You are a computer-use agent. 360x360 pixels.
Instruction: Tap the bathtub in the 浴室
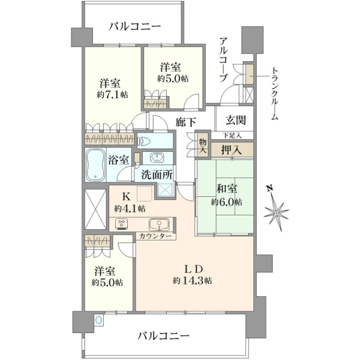pos(96,164)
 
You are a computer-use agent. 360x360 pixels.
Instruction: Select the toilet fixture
pos(144,140)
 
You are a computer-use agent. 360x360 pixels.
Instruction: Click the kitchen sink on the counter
pos(159,224)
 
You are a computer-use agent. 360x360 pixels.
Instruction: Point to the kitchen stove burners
pos(122,224)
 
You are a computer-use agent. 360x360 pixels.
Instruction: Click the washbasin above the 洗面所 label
pos(157,157)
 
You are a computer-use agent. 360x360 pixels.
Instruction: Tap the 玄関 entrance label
pos(236,120)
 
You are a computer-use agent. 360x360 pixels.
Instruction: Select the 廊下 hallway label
pos(186,122)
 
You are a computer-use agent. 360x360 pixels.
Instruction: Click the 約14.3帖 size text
pos(193,281)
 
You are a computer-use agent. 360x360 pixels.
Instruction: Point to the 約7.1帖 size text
pos(112,95)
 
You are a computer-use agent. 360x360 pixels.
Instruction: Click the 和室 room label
pos(227,189)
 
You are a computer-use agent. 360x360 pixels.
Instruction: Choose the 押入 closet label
pos(231,150)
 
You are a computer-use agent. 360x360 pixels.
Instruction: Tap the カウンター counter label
pos(155,236)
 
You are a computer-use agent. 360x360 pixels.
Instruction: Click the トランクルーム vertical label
pos(274,94)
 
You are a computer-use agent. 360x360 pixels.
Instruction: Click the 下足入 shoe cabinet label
pos(232,136)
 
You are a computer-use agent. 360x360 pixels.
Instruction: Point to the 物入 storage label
pos(203,146)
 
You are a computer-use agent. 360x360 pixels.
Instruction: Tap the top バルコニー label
pos(135,26)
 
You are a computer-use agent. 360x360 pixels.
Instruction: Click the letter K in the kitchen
pos(126,197)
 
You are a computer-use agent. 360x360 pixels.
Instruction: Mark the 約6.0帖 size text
pos(227,202)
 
